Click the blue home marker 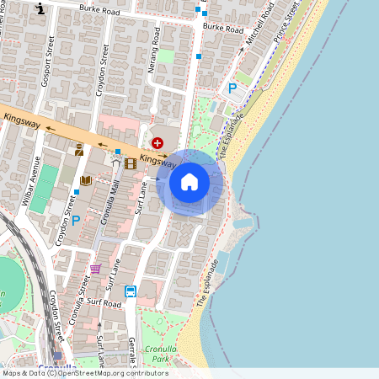189,182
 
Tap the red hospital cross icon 157,144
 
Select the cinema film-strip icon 130,163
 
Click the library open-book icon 85,180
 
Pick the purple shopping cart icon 95,269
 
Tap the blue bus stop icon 131,291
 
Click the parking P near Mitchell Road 232,88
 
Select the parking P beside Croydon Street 75,221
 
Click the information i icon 42,9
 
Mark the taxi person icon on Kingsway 80,150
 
